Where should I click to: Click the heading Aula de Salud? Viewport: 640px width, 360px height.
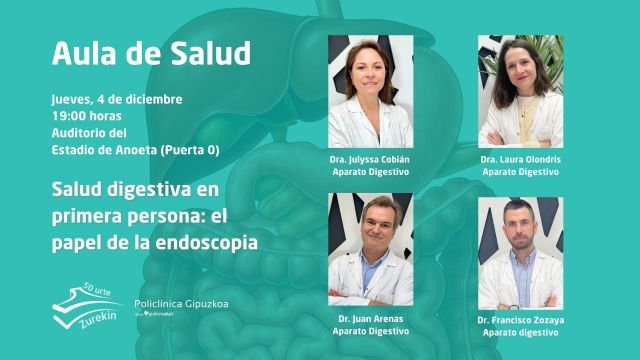(151, 53)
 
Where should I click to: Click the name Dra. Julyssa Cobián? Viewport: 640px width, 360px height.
(370, 160)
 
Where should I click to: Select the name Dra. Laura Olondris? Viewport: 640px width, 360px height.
(519, 160)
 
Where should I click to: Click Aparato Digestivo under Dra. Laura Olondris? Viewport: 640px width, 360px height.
(519, 172)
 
